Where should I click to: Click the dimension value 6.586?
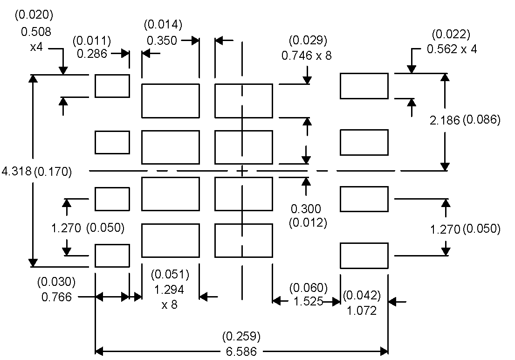click(241, 351)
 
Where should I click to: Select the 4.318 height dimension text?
click(16, 171)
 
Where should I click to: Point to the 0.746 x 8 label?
click(307, 55)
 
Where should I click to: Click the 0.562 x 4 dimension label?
click(452, 49)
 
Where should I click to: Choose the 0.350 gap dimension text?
click(162, 41)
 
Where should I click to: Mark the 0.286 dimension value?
click(92, 53)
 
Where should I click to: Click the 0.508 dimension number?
click(36, 32)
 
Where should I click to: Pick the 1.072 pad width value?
click(362, 310)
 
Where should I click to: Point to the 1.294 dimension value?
click(169, 290)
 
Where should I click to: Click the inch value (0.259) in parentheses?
click(241, 336)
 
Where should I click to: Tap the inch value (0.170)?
click(53, 171)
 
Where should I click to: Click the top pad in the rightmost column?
click(364, 86)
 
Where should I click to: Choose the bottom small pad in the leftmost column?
click(112, 255)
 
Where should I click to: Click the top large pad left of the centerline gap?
click(170, 101)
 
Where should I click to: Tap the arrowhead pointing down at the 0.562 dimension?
click(411, 69)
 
